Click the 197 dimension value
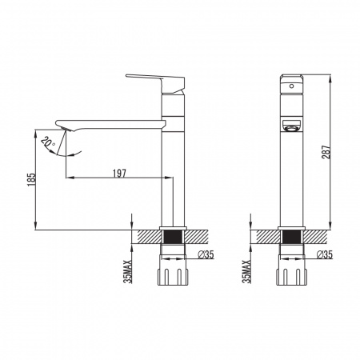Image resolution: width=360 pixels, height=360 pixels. pos(119,174)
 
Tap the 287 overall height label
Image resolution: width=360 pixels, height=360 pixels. pos(326,152)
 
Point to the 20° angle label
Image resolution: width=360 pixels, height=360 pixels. pos(48,143)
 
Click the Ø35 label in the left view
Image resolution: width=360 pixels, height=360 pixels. pos(206,255)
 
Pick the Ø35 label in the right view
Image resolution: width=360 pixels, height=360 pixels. pos(325,255)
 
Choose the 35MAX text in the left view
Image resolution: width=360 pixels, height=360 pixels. pos(129,271)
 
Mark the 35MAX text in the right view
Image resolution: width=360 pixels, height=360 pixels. pos(247,271)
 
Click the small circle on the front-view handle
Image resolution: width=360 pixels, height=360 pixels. pos(291,86)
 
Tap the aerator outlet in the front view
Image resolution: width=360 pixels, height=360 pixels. pos(291,126)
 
